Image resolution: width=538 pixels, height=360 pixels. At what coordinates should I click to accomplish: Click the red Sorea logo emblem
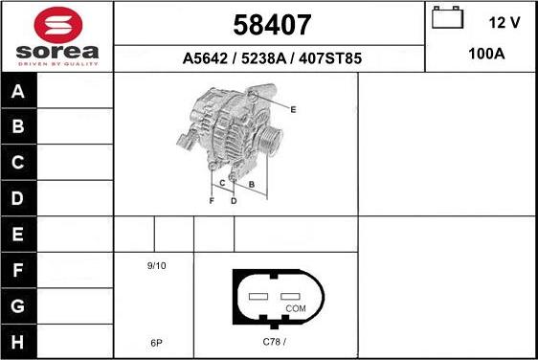point(58,25)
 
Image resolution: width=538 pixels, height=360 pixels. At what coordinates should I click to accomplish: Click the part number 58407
point(272,25)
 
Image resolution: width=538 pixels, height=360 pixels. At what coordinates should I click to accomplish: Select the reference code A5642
point(205,58)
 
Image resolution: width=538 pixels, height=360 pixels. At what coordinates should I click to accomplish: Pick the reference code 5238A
point(263,58)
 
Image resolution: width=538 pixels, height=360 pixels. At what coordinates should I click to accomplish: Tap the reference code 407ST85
point(330,58)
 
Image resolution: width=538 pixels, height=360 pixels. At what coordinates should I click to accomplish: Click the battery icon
point(447,17)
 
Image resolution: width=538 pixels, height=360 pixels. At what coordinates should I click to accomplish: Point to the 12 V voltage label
point(504,23)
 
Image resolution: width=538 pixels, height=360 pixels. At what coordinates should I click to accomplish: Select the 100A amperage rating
point(486,54)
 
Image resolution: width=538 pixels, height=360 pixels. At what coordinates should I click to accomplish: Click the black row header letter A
point(18,91)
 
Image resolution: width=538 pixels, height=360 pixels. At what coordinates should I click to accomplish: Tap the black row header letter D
point(17,198)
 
